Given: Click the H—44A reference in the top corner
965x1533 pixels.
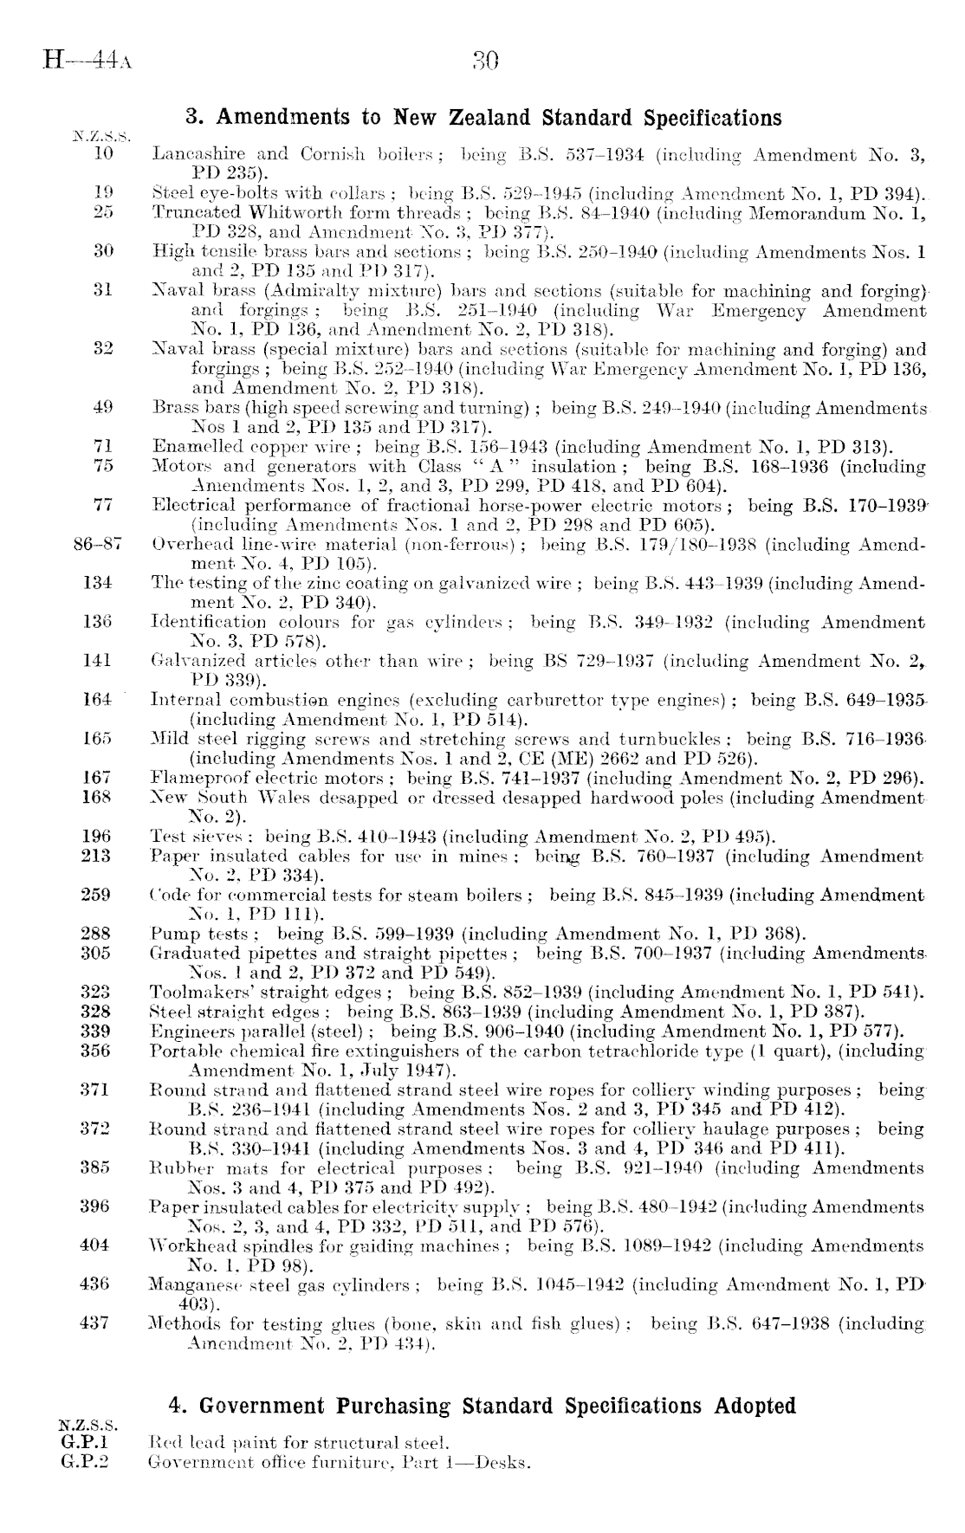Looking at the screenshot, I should point(87,61).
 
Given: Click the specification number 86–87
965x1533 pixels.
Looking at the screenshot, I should point(98,545).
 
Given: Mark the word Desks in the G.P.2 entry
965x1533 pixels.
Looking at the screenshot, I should point(508,1463).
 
